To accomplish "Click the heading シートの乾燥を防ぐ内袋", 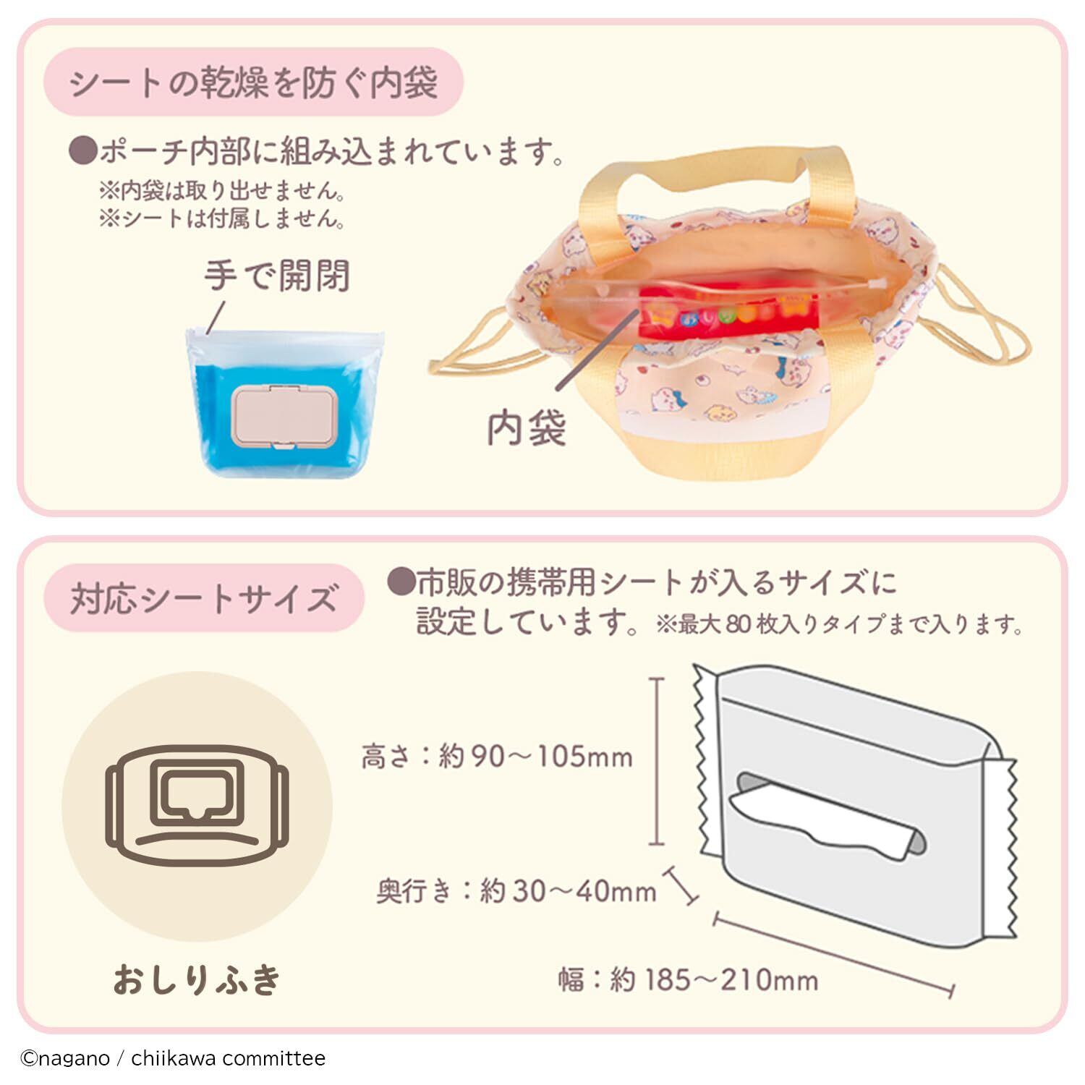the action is pyautogui.click(x=253, y=83).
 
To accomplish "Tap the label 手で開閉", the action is pyautogui.click(x=276, y=276).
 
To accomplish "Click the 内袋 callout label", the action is pyautogui.click(x=526, y=429).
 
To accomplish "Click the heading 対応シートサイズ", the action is pyautogui.click(x=204, y=600).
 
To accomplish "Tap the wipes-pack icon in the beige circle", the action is pyautogui.click(x=197, y=807).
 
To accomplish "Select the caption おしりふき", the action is pyautogui.click(x=197, y=980).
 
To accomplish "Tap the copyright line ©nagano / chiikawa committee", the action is pyautogui.click(x=173, y=1058).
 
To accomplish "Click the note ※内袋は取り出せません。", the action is pyautogui.click(x=222, y=191).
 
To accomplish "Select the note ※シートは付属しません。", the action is pyautogui.click(x=222, y=218).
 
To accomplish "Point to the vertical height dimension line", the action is pyautogui.click(x=656, y=761).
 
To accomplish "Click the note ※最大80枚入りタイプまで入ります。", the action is pyautogui.click(x=839, y=624).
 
